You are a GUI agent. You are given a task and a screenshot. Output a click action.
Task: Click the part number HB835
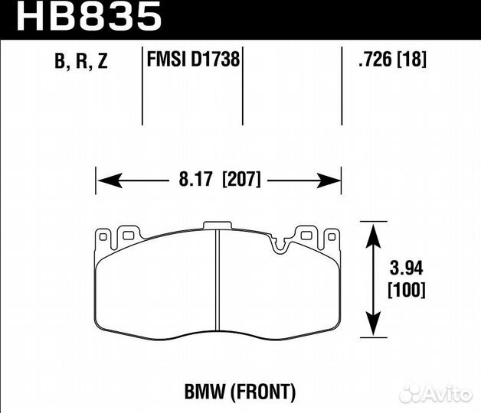pyautogui.click(x=89, y=16)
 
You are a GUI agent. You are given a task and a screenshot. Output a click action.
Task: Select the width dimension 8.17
pyautogui.click(x=196, y=180)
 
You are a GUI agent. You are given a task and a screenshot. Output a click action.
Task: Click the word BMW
pyautogui.click(x=205, y=392)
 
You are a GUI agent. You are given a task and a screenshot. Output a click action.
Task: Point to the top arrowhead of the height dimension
pyautogui.click(x=373, y=232)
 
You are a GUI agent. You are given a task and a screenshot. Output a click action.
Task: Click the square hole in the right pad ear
pyautogui.click(x=308, y=235)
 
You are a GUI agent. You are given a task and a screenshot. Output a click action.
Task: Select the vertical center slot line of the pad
pyautogui.click(x=218, y=283)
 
